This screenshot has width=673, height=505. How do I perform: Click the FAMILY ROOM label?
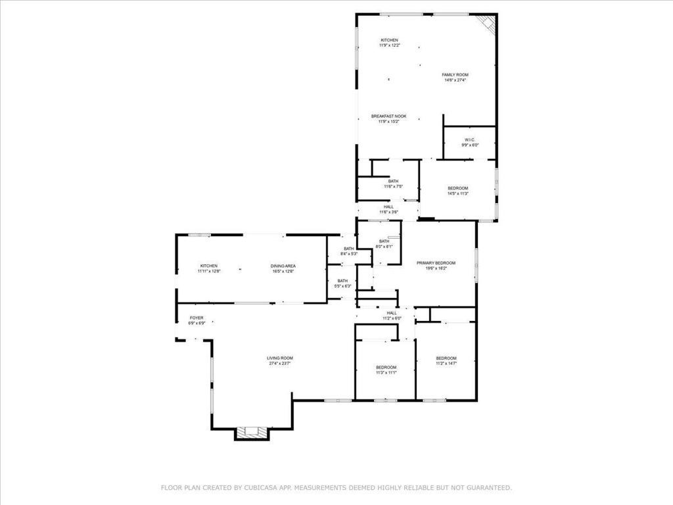455,75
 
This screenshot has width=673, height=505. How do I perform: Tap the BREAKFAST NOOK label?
388,116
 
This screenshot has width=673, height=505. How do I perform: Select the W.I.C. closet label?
469,139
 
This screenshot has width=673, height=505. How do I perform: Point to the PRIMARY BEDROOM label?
436,262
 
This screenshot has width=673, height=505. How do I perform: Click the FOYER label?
197,318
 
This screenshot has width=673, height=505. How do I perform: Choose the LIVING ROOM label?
279,358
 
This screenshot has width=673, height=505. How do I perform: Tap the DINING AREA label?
283,266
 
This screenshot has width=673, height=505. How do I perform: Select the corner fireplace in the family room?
486,23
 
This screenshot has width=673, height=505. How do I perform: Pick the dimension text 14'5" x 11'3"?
457,193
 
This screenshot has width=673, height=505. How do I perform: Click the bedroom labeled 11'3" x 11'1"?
386,367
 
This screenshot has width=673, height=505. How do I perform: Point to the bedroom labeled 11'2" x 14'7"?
446,358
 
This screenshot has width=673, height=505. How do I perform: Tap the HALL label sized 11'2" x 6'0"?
392,313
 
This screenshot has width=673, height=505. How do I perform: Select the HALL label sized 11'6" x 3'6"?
388,206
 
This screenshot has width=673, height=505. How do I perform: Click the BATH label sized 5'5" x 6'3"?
342,281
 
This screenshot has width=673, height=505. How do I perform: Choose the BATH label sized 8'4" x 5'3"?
348,249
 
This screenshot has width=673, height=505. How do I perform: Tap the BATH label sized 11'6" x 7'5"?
393,181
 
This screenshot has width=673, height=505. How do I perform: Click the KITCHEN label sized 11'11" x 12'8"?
209,266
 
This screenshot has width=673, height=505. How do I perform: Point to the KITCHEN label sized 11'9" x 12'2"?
388,40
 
